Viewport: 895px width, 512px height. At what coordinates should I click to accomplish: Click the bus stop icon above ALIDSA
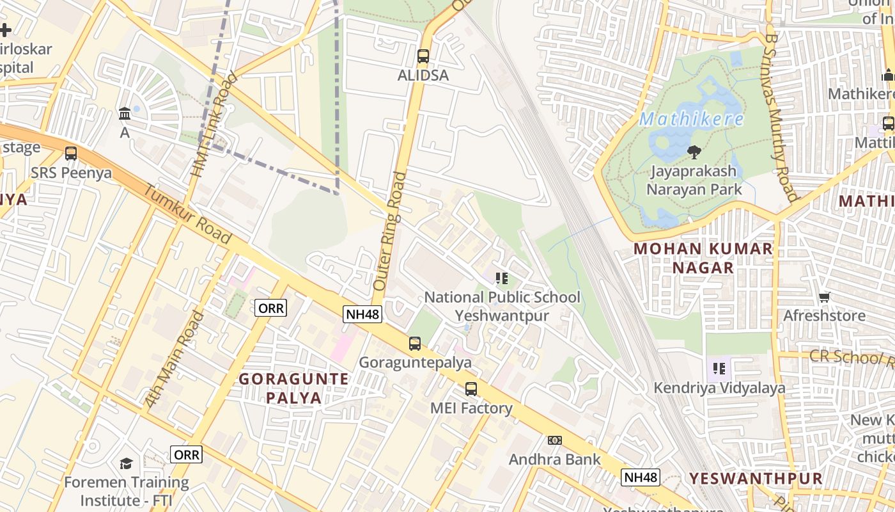tap(423, 56)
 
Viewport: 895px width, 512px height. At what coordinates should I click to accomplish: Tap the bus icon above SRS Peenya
tap(71, 154)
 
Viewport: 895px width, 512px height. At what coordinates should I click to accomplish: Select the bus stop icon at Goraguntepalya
tap(415, 344)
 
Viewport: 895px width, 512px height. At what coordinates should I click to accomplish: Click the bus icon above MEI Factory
tap(471, 388)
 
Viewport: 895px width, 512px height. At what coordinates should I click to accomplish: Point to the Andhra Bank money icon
tap(554, 440)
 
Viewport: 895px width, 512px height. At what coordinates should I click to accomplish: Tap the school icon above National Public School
tap(502, 278)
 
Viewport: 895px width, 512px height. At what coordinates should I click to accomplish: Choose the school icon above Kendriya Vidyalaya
tap(719, 369)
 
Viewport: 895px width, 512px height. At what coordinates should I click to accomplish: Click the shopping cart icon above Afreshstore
tap(825, 297)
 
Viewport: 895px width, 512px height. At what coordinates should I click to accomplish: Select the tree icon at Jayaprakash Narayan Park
tap(694, 152)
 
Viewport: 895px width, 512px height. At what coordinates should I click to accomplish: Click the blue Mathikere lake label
tap(692, 120)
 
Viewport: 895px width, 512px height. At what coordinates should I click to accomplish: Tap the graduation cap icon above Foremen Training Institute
tap(126, 463)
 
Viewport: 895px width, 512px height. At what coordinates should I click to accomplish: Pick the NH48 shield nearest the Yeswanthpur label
tap(640, 477)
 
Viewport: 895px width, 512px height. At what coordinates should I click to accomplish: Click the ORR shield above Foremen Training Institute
tap(187, 454)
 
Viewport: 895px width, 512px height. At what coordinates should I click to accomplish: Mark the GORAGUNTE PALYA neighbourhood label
tap(293, 388)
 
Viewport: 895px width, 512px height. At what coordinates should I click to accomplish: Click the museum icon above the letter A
tap(125, 115)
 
